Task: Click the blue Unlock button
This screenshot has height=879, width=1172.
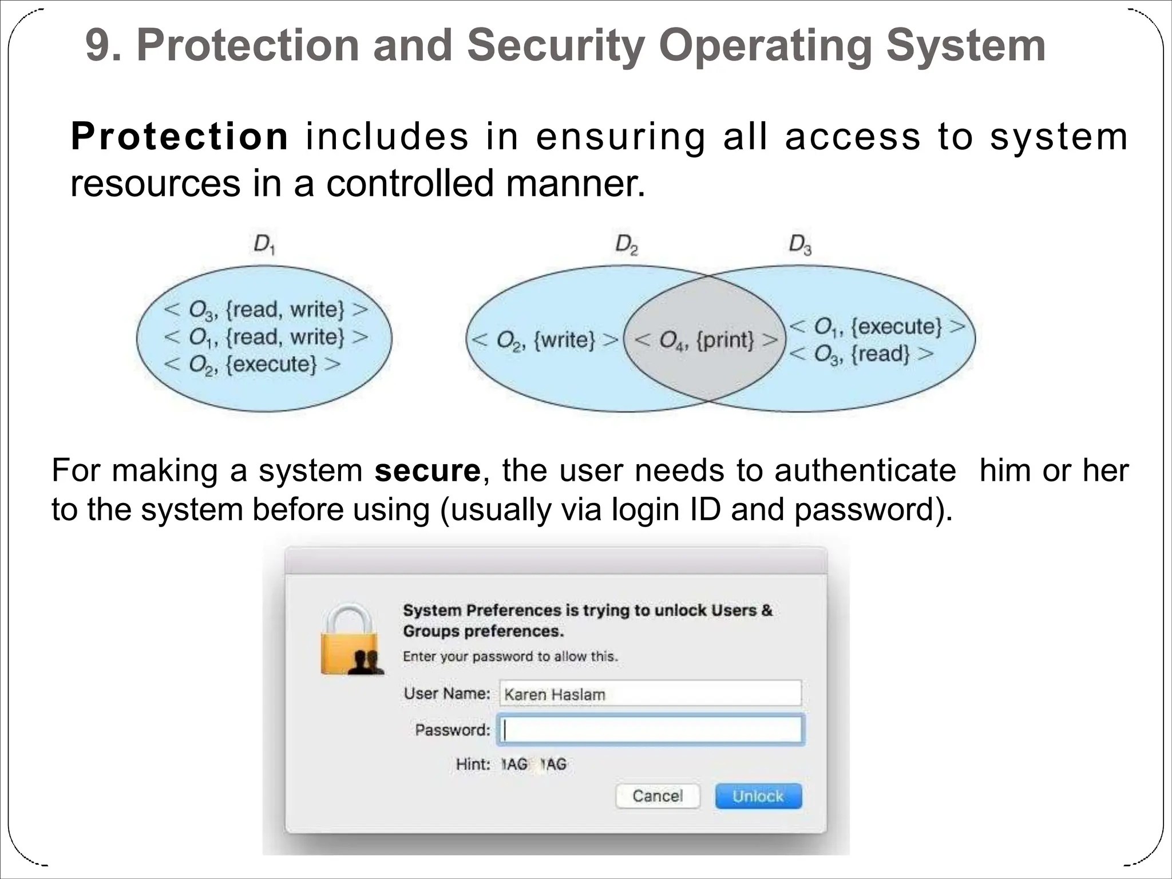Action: point(758,796)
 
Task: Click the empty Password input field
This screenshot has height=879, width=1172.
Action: point(650,730)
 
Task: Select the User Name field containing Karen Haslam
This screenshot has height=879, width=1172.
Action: point(650,694)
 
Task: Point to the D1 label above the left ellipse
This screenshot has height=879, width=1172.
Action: point(264,245)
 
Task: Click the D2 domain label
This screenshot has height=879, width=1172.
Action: point(627,245)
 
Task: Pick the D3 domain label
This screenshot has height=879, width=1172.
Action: point(800,245)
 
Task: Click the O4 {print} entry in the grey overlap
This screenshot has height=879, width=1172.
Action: point(706,340)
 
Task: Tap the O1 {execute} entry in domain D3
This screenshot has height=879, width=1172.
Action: point(877,327)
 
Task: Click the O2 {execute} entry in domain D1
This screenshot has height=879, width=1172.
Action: point(252,365)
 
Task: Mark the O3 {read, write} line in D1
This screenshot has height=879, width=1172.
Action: point(266,310)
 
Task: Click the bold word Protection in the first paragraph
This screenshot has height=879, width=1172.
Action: point(180,137)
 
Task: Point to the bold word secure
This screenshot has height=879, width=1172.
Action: point(427,470)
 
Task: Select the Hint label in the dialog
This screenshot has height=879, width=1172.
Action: point(473,764)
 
